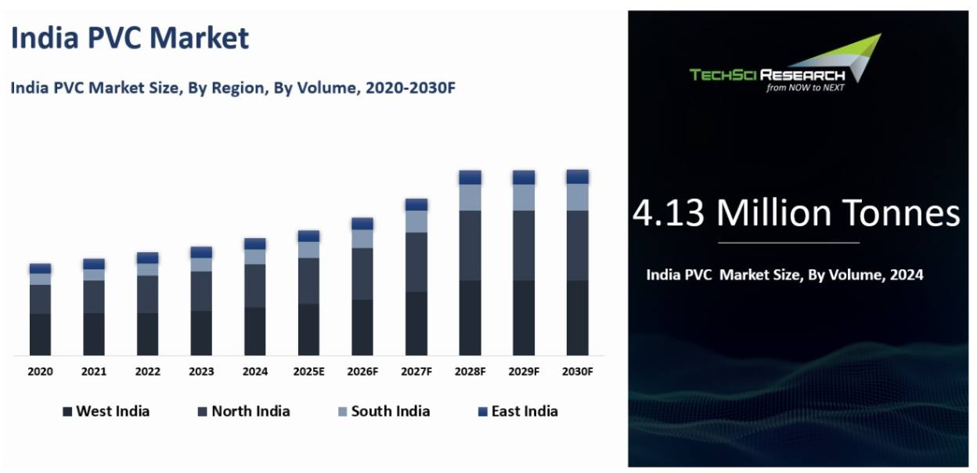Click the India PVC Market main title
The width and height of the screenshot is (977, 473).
tap(130, 38)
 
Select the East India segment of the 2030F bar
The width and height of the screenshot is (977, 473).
tap(578, 177)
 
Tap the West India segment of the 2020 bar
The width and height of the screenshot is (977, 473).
tap(40, 334)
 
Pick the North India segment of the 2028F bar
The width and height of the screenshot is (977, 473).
tap(470, 245)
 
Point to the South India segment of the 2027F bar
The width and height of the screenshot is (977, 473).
tap(416, 222)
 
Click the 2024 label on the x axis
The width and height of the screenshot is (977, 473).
tap(255, 372)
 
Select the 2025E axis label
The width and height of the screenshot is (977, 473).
tap(308, 372)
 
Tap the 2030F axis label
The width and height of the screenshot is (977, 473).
tap(578, 372)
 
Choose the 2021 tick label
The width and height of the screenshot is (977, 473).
tap(94, 372)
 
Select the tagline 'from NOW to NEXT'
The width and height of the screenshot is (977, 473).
tap(805, 88)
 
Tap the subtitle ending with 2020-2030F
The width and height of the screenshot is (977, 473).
tap(233, 88)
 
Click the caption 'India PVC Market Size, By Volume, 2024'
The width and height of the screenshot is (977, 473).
tap(784, 275)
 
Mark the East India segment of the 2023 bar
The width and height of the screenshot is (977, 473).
tap(201, 252)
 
